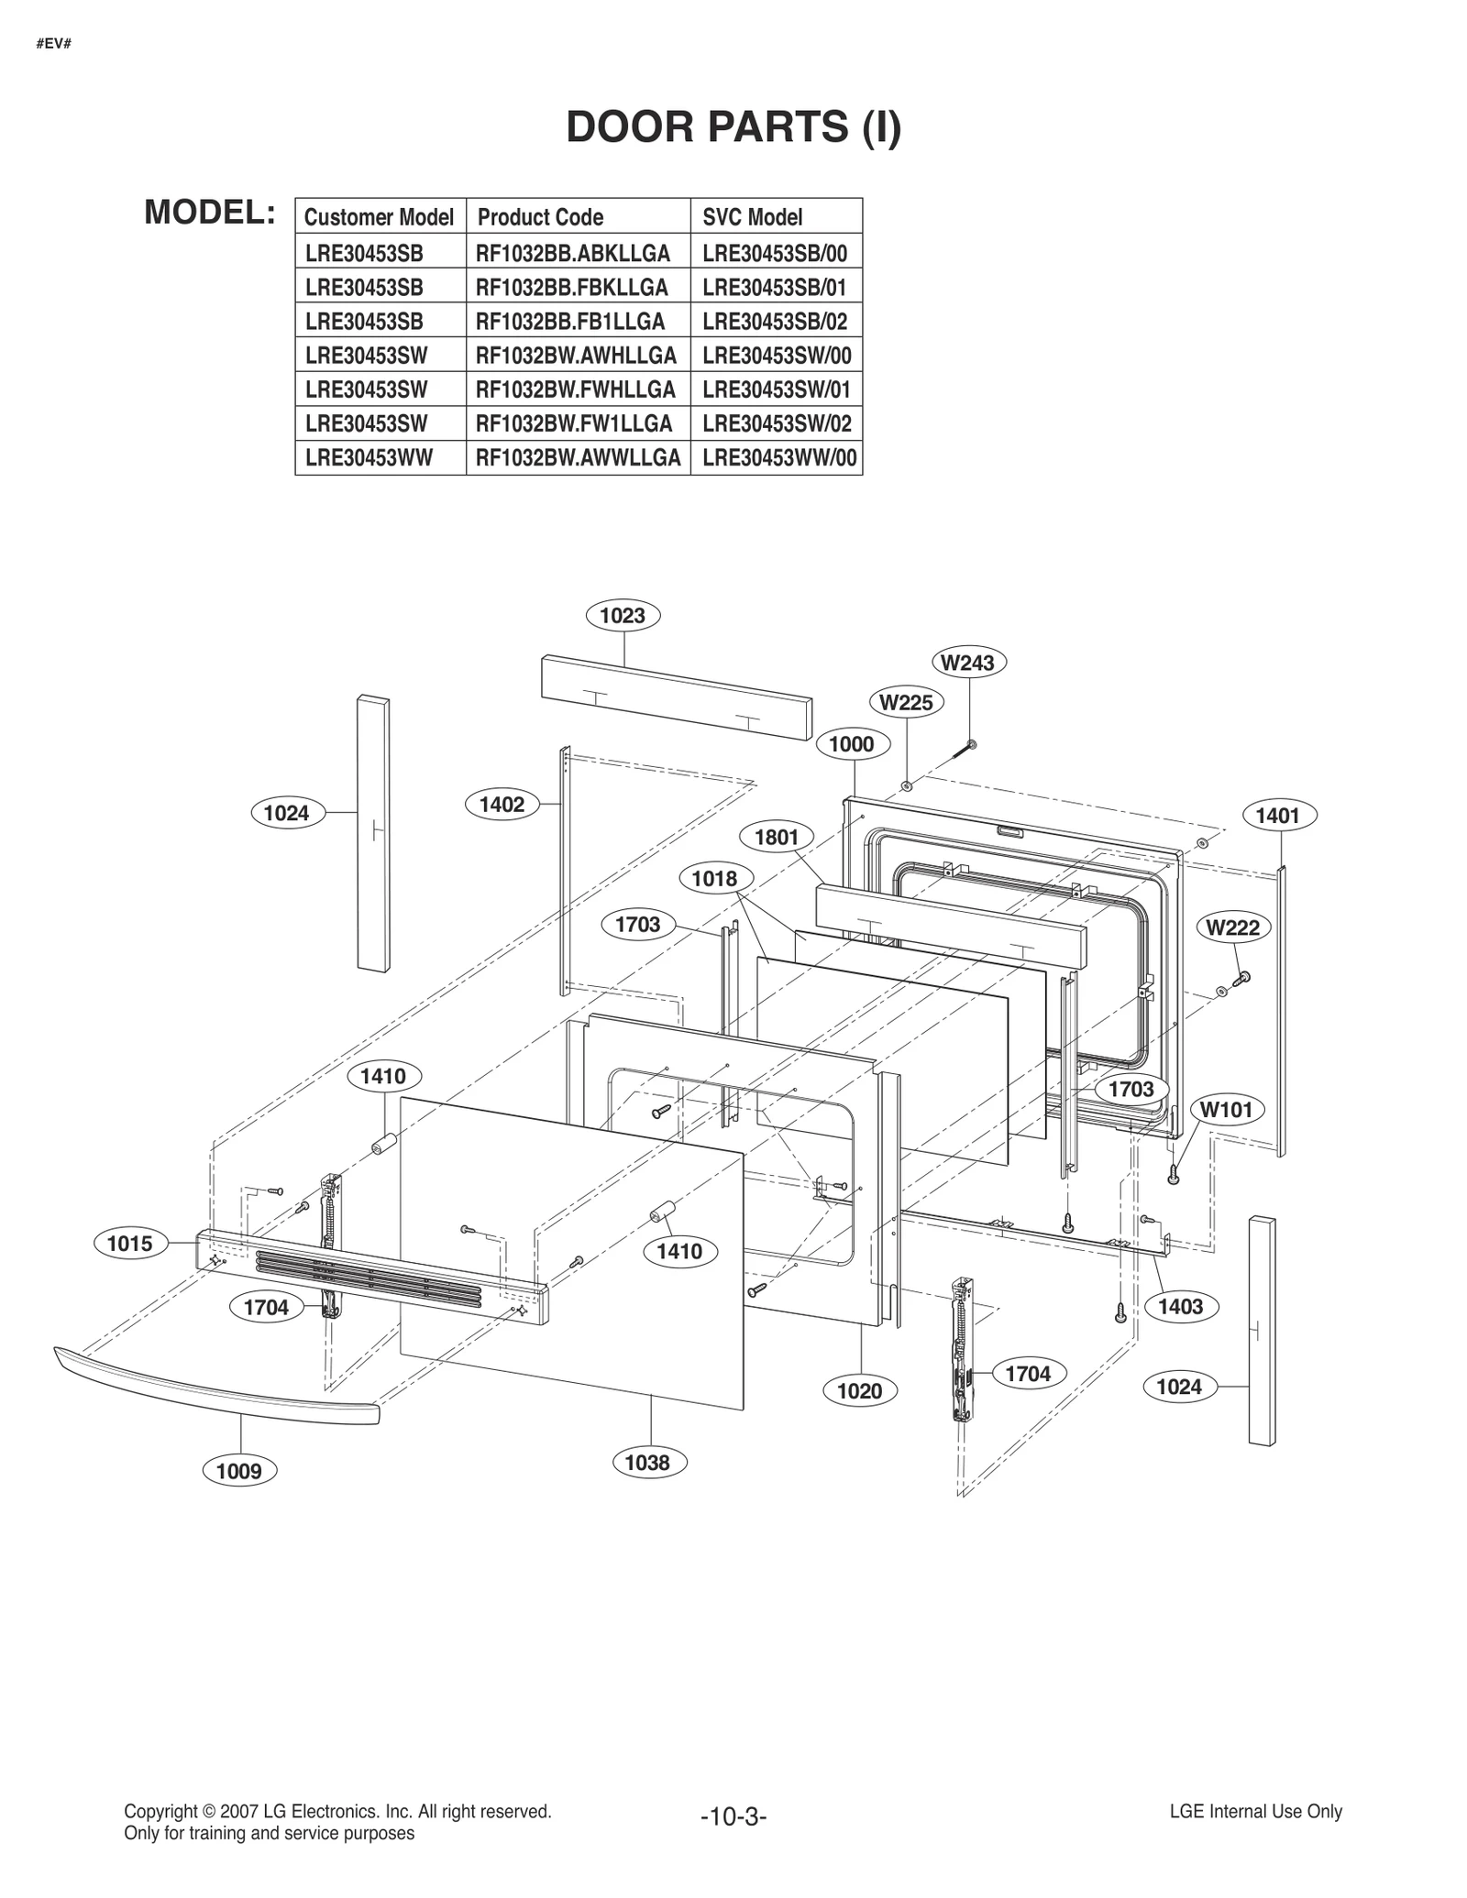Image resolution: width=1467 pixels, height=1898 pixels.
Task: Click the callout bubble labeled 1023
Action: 623,616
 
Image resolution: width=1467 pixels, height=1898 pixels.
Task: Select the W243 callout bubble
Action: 968,663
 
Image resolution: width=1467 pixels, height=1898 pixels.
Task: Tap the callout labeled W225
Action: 906,703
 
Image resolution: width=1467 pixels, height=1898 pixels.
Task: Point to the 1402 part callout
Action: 502,805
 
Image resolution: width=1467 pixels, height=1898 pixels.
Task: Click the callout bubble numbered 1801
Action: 777,837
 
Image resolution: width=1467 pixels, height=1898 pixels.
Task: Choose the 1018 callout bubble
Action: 714,879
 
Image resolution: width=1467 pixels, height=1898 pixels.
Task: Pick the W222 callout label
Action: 1232,927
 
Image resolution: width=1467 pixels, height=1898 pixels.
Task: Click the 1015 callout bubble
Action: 130,1244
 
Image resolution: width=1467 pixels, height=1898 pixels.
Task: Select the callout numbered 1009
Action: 238,1472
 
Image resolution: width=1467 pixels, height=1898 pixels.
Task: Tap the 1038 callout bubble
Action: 647,1463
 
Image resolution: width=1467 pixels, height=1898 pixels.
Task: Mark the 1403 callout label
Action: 1180,1307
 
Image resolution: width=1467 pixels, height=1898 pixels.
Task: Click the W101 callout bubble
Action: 1227,1111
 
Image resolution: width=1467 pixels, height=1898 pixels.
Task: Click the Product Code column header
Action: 541,217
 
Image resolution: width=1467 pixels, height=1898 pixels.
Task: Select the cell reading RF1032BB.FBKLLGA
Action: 571,287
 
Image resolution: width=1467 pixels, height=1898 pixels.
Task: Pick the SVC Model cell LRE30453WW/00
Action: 779,458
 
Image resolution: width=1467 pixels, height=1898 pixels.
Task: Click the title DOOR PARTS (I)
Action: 733,126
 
